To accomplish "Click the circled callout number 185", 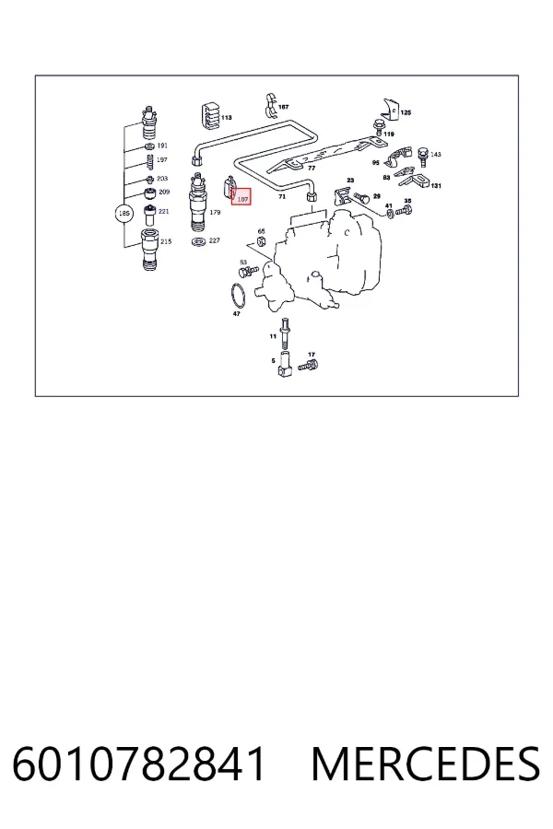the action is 124,214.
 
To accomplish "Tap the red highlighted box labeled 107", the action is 241,197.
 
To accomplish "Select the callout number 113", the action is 227,117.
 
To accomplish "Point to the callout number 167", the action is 284,107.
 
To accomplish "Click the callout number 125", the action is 406,112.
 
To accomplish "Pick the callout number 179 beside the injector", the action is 215,212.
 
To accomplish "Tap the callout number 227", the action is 215,240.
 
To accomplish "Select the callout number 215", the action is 166,241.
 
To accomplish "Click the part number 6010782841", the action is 138,764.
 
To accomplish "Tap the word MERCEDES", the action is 426,764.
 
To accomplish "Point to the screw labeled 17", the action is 308,365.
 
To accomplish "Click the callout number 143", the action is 436,155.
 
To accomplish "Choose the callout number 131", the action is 436,185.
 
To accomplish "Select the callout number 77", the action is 312,169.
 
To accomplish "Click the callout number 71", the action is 282,197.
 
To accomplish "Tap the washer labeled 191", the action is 149,146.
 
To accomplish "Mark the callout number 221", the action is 164,212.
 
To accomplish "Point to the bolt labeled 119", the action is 379,126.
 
